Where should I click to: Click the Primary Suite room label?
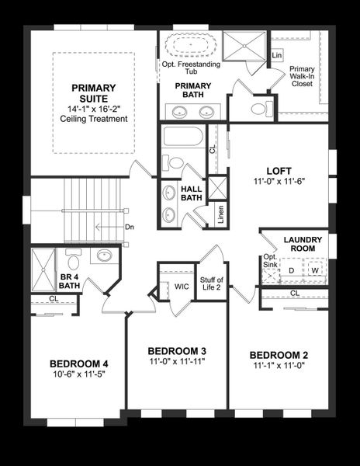[x=93, y=93]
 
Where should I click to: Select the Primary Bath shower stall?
[x=244, y=46]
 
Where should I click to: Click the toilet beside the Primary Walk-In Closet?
[x=262, y=109]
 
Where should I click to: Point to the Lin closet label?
[x=277, y=55]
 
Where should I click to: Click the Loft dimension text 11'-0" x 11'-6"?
[x=279, y=181]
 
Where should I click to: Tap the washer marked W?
[x=315, y=270]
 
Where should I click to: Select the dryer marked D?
[x=292, y=270]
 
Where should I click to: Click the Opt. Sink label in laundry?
[x=270, y=261]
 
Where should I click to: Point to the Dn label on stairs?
[x=130, y=227]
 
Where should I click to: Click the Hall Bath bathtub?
[x=183, y=137]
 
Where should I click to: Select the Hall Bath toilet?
[x=173, y=162]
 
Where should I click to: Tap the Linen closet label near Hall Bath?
[x=220, y=214]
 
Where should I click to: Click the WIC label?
[x=182, y=287]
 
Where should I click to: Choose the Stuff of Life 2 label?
[x=211, y=283]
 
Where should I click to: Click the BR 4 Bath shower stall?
[x=43, y=270]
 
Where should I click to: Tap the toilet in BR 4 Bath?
[x=73, y=259]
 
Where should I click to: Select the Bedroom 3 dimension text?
[x=178, y=361]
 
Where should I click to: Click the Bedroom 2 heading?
[x=279, y=355]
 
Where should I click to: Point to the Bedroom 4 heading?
[x=79, y=363]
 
